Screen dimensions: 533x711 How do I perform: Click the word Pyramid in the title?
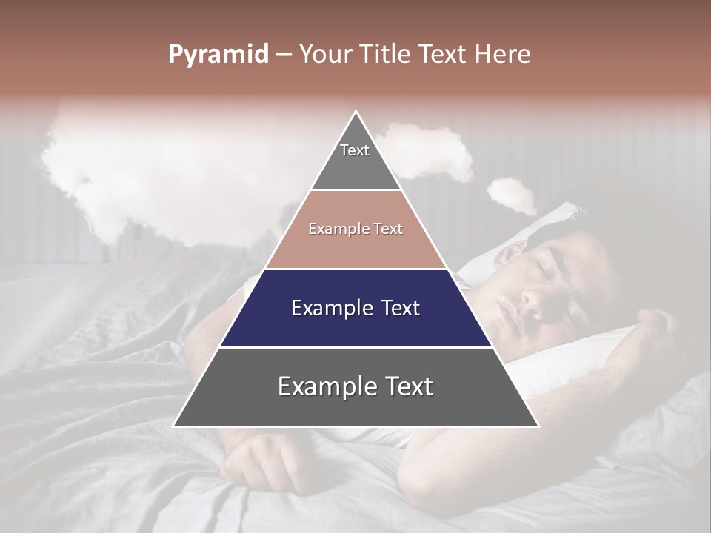[x=218, y=55]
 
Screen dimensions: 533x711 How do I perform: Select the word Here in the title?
[x=505, y=55]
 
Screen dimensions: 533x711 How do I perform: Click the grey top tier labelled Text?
[x=355, y=159]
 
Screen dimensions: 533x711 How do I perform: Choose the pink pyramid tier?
[x=355, y=229]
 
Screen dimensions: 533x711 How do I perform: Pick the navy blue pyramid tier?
[x=355, y=308]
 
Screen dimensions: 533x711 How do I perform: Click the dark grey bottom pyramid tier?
[x=355, y=387]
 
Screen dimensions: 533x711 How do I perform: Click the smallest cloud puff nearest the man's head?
[x=512, y=194]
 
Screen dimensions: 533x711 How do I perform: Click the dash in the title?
[x=284, y=55]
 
